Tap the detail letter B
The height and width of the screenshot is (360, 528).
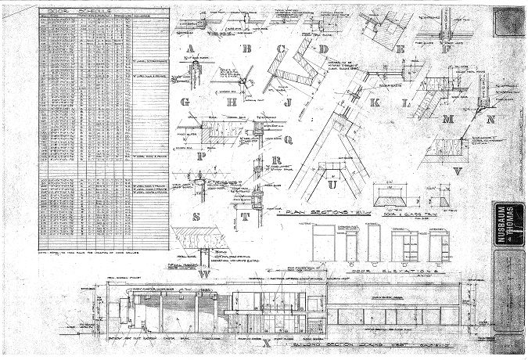[247, 49]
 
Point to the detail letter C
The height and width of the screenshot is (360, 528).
[280, 49]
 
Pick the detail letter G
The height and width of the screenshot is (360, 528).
[185, 102]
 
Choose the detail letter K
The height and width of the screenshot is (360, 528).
[375, 103]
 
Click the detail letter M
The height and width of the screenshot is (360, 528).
[447, 119]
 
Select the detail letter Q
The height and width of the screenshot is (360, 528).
[288, 140]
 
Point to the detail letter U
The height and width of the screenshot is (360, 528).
[332, 185]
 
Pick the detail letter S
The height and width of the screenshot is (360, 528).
[197, 217]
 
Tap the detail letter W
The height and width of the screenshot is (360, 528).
[205, 274]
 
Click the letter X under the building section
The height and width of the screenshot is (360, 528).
[267, 343]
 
